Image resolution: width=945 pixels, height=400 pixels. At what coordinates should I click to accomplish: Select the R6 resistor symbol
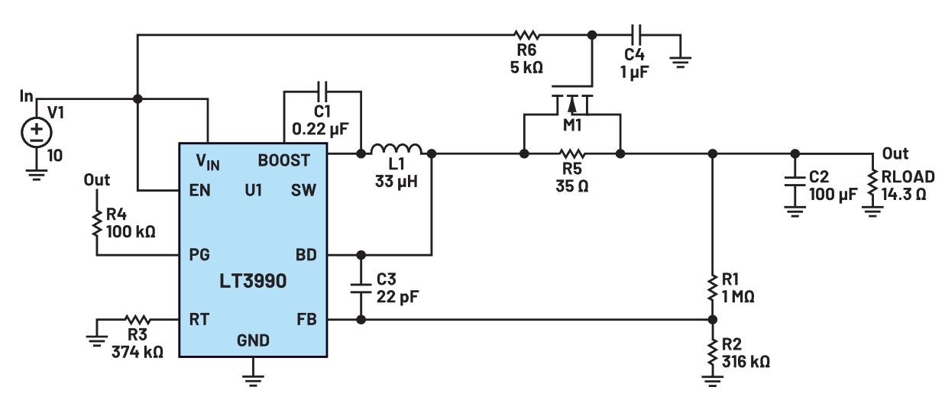pyautogui.click(x=526, y=34)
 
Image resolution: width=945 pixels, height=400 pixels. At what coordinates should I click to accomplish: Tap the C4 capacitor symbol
pyautogui.click(x=637, y=34)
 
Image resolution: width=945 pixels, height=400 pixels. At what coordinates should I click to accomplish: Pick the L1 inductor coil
pyautogui.click(x=395, y=150)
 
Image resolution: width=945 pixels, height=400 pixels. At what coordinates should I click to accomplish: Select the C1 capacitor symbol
pyautogui.click(x=321, y=91)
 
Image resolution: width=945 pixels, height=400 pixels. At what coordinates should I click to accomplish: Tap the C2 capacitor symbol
pyautogui.click(x=795, y=185)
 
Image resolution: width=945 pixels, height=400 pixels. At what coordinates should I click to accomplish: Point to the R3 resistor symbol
pyautogui.click(x=139, y=320)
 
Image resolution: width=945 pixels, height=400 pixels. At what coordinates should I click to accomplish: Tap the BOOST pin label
pyautogui.click(x=284, y=160)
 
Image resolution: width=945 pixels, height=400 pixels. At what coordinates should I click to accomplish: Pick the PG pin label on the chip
pyautogui.click(x=201, y=253)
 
